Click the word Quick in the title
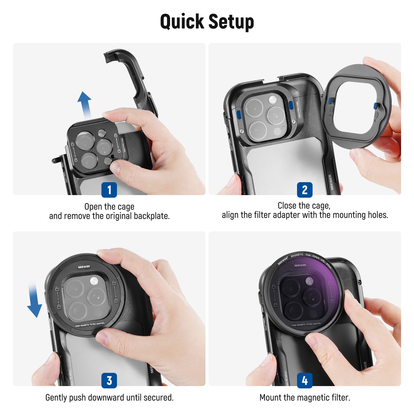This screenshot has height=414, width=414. click(x=182, y=22)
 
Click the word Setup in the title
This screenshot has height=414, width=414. click(x=231, y=22)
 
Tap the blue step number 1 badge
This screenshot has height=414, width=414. click(x=109, y=190)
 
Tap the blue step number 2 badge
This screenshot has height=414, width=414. click(x=305, y=190)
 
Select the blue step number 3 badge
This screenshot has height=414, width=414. click(x=109, y=380)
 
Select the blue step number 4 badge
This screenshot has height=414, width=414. click(x=305, y=380)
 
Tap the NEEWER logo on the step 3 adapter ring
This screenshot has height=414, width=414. click(x=84, y=267)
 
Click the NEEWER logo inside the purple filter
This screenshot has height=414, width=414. click(x=300, y=265)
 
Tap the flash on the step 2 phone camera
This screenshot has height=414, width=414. click(x=272, y=99)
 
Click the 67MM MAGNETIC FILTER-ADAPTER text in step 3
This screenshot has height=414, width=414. click(x=90, y=325)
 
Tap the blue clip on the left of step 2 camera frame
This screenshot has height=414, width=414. click(x=239, y=114)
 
